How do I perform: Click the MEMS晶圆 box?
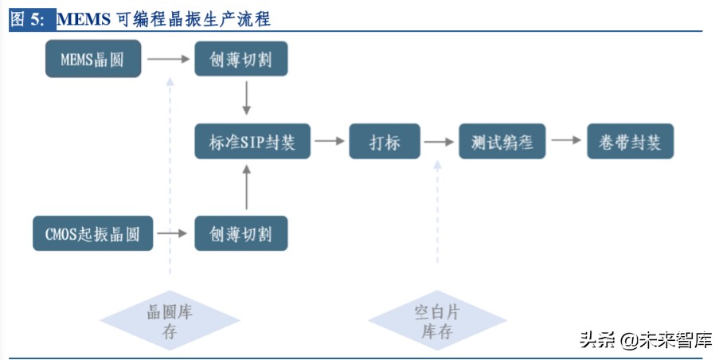[x=92, y=58]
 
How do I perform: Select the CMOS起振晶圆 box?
[x=92, y=233]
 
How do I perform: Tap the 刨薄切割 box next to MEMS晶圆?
[x=240, y=58]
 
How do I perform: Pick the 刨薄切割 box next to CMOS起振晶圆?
[x=240, y=233]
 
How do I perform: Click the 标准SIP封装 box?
[x=252, y=142]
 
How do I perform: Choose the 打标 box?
[x=385, y=142]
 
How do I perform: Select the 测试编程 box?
[x=502, y=142]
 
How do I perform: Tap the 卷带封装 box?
[x=630, y=142]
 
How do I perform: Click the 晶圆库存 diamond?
[x=170, y=321]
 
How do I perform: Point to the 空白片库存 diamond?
[x=437, y=321]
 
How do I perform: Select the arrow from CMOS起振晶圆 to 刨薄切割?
[x=173, y=233]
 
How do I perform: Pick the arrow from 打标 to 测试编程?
[x=437, y=142]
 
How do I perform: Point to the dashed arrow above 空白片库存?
[x=437, y=211]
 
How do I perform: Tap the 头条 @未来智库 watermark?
[x=645, y=341]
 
